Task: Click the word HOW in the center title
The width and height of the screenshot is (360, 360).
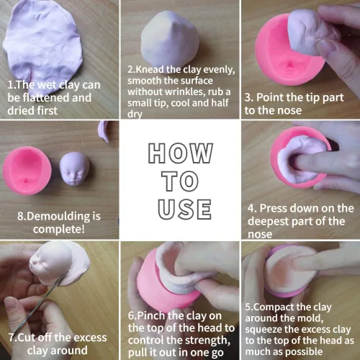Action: coord(181,153)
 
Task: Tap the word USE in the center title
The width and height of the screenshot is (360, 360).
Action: coord(184,210)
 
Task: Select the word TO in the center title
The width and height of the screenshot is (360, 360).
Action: coord(180,181)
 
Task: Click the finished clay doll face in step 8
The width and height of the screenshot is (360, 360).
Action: coord(74,169)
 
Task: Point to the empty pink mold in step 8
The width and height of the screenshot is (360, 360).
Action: coord(27,171)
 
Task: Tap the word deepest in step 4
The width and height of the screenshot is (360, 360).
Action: coord(268,222)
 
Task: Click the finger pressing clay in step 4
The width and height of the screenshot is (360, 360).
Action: coord(312,164)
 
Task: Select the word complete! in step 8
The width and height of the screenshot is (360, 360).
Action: coord(59,229)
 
